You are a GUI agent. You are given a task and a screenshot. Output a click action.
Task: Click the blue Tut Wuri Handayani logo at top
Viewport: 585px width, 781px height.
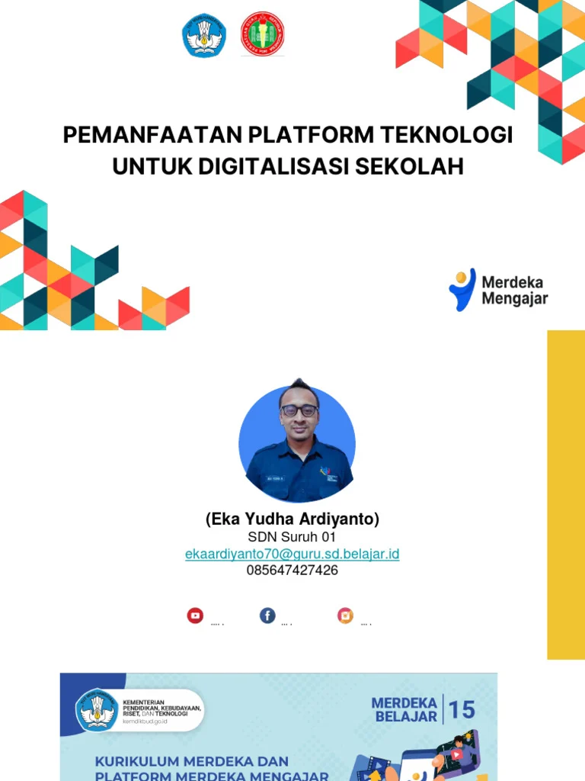point(204,36)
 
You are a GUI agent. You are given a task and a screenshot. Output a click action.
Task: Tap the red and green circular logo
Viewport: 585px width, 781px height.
point(263,34)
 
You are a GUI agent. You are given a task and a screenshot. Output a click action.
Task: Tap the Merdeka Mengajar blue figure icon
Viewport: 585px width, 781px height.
point(462,289)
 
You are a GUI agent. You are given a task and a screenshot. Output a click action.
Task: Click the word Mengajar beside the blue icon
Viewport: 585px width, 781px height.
point(514,299)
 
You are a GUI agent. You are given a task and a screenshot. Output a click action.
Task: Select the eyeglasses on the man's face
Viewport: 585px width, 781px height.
point(299,410)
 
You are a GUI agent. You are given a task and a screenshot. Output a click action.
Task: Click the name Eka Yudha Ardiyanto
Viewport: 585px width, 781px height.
point(292,519)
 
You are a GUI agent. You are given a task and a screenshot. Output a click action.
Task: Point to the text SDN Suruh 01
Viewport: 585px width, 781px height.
point(292,538)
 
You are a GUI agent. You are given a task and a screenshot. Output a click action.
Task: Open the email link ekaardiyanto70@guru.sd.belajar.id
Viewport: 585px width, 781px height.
point(292,554)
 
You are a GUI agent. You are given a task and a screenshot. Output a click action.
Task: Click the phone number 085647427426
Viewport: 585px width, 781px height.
point(292,570)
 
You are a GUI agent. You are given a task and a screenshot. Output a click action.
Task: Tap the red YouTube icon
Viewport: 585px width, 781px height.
point(196,615)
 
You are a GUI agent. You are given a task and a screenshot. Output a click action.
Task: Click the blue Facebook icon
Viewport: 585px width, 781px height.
point(267,615)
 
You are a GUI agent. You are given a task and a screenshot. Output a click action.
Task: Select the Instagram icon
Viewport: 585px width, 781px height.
point(346,615)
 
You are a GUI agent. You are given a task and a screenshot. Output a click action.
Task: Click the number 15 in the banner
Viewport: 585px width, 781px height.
point(462,710)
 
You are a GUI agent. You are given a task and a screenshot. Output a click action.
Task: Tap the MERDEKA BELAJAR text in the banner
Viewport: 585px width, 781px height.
point(405,709)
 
